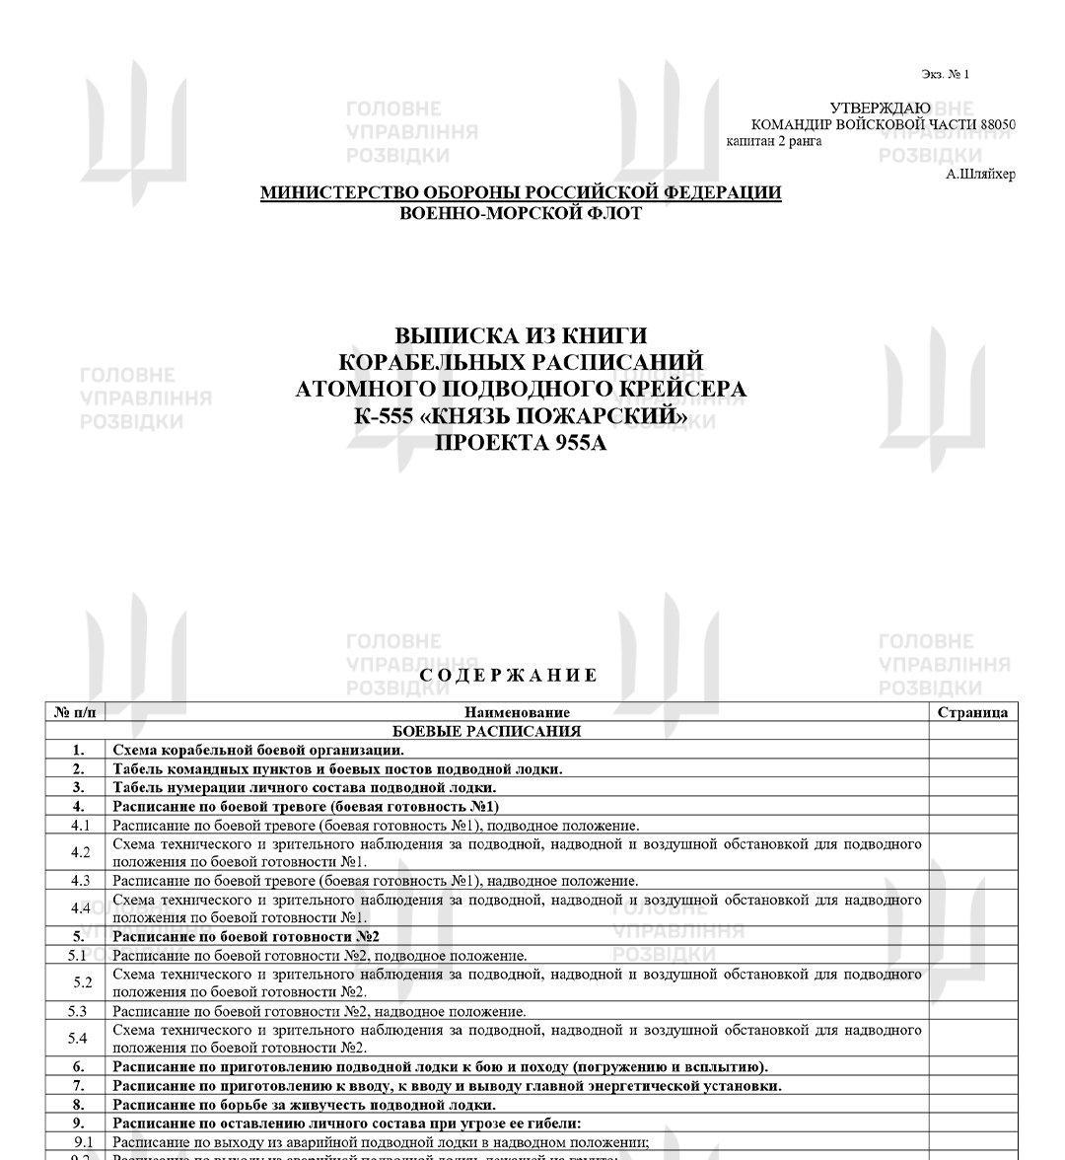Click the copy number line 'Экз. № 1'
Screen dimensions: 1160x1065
(945, 74)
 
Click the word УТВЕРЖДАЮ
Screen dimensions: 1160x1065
(880, 108)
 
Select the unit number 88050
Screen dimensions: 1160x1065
(997, 124)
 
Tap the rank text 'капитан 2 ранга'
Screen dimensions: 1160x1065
(774, 141)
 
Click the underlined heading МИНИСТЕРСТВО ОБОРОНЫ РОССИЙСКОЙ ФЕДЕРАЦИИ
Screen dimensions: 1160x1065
(521, 192)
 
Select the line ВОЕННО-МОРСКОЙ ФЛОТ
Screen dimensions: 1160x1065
(521, 213)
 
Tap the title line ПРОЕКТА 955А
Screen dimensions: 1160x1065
(521, 443)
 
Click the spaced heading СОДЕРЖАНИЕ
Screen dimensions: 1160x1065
(509, 676)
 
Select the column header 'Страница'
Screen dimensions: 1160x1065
(972, 712)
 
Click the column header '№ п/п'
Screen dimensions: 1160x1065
(75, 712)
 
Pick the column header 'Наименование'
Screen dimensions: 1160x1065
(517, 712)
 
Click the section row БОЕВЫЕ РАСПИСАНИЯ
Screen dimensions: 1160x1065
(486, 731)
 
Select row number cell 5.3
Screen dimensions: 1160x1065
(78, 1011)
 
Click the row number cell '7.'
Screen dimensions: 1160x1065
(79, 1086)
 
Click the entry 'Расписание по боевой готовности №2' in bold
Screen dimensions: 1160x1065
(246, 936)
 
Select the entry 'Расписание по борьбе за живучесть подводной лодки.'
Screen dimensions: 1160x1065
(304, 1105)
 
